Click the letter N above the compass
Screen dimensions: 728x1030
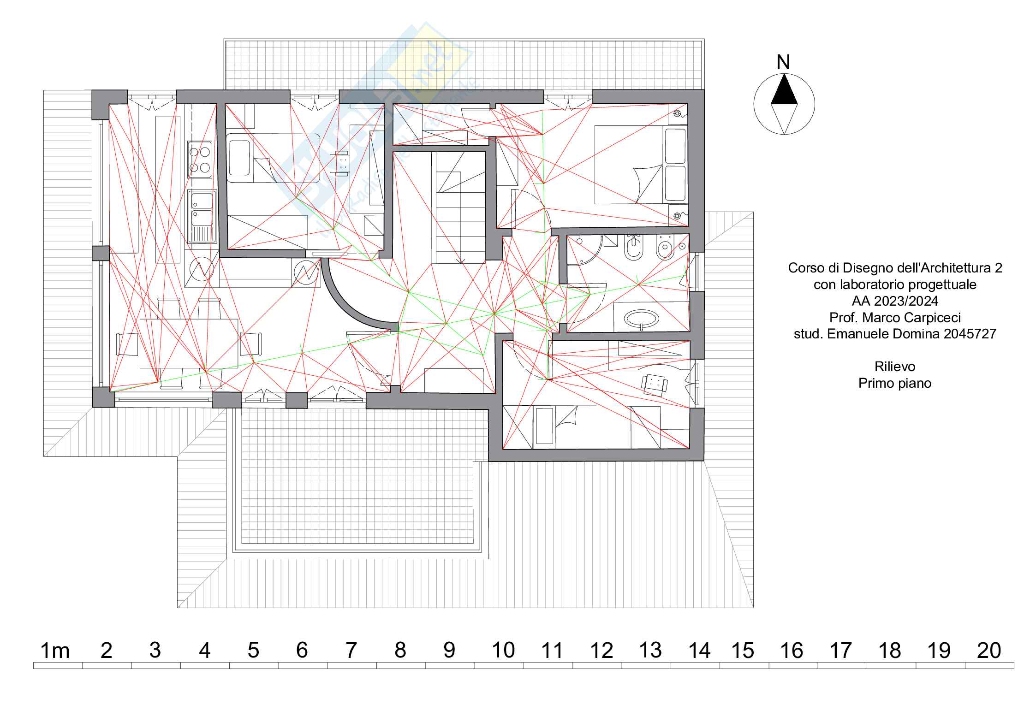tap(783, 63)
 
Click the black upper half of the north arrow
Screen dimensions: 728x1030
tap(784, 91)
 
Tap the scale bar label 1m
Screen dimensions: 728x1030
tap(55, 651)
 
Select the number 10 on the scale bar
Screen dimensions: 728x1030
tap(503, 651)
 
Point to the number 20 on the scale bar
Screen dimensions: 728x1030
tap(989, 651)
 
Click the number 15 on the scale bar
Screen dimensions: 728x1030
tap(743, 651)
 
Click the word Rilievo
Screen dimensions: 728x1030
tap(894, 367)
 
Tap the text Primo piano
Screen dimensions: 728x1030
tap(894, 383)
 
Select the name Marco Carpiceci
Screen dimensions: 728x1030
tap(911, 317)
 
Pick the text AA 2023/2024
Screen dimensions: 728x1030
tap(894, 301)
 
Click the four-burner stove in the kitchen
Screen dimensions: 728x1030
tap(200, 159)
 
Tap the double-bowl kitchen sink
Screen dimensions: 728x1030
tap(202, 216)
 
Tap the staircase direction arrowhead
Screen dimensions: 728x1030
tap(460, 261)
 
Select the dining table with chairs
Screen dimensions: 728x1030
tap(189, 343)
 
